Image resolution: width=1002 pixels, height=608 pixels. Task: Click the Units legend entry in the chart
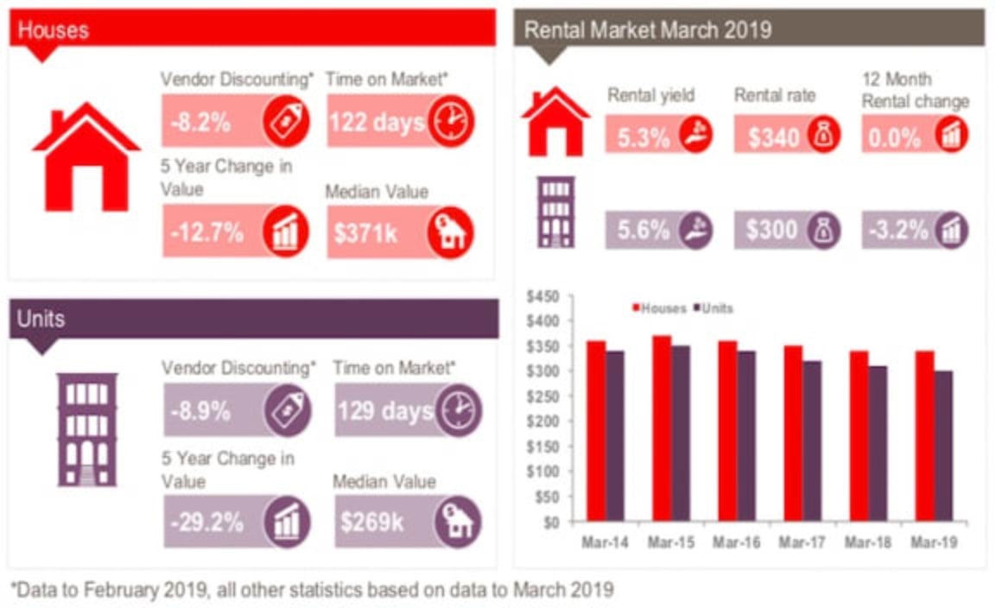716,308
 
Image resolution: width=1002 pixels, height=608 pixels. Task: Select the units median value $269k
371,522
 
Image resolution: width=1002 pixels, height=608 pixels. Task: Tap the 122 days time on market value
376,121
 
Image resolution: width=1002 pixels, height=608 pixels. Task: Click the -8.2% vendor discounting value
200,121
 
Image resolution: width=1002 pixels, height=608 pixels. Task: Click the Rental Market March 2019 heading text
648,29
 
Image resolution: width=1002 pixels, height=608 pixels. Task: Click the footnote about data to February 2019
312,590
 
